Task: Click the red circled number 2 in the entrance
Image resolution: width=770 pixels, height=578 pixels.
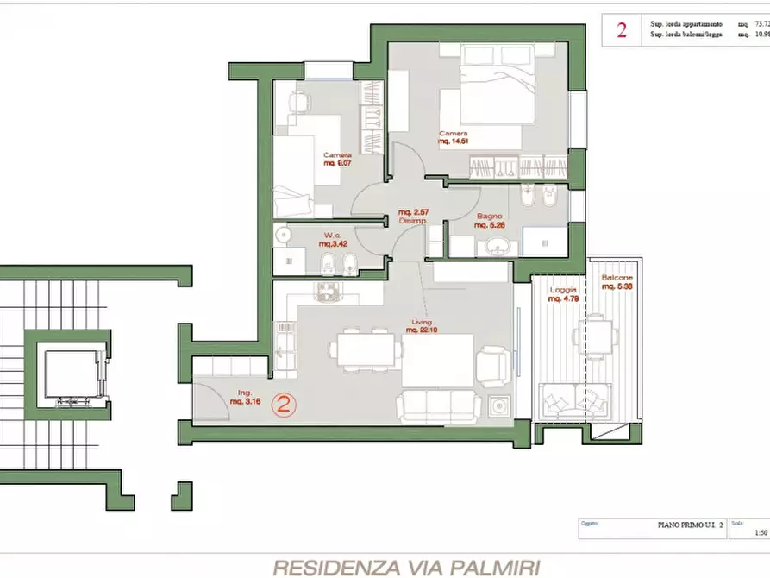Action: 285,405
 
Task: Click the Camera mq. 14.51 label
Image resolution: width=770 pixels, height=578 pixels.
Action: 454,138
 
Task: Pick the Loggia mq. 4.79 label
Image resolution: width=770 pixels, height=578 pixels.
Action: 564,296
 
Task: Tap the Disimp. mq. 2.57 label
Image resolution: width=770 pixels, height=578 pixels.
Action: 412,217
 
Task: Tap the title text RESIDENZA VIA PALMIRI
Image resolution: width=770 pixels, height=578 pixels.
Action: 406,567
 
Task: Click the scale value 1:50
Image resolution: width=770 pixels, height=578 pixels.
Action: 760,533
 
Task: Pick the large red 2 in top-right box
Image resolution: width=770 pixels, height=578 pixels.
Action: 621,30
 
